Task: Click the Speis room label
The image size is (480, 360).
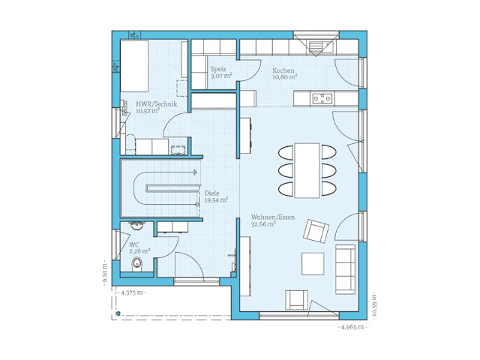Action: click(217, 68)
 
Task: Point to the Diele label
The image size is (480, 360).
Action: click(211, 193)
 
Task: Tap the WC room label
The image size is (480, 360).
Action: click(133, 244)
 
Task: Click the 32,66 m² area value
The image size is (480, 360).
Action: click(263, 224)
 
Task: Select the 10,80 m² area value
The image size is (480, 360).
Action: click(285, 76)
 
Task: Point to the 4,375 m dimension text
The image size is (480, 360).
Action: click(133, 293)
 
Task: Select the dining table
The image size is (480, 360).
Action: click(307, 170)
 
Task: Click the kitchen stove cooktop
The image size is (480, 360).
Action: click(322, 97)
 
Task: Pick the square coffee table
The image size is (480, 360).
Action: click(313, 263)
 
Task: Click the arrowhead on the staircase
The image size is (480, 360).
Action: click(195, 172)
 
